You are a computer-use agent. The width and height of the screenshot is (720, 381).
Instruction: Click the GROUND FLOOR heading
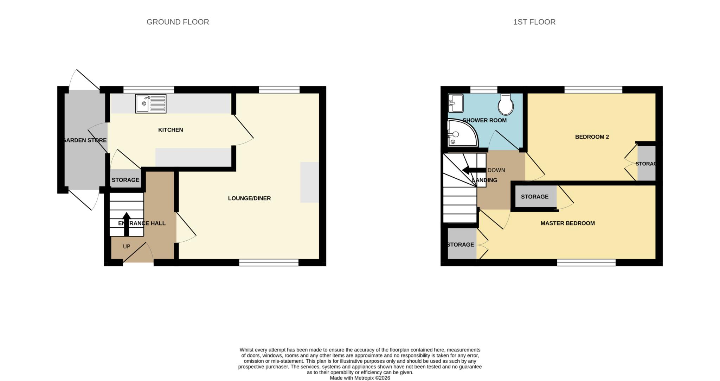(x=178, y=22)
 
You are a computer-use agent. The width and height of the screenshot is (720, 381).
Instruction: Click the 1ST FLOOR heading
(x=534, y=22)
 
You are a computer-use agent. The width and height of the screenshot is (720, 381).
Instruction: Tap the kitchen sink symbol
(x=150, y=103)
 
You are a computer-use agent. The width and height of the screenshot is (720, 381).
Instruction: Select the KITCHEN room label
(x=171, y=130)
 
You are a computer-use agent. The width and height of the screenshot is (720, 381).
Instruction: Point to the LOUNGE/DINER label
(x=249, y=198)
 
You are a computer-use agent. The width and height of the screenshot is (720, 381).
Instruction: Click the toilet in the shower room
(x=506, y=104)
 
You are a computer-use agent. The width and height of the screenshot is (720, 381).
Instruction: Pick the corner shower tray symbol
(x=461, y=133)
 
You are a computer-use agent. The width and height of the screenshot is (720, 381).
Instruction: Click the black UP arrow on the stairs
(x=127, y=223)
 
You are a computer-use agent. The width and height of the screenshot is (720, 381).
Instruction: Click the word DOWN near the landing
(x=496, y=170)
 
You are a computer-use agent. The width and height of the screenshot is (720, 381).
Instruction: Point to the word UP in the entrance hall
(x=127, y=247)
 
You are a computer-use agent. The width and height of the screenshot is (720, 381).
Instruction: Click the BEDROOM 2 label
(x=592, y=137)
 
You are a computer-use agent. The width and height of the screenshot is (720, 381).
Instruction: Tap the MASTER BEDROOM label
(x=567, y=223)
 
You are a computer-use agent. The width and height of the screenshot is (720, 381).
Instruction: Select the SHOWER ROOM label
(x=484, y=120)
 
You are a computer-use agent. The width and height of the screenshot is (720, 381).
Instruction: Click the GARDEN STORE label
(x=84, y=140)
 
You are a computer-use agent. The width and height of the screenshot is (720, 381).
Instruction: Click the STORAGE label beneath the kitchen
(x=125, y=180)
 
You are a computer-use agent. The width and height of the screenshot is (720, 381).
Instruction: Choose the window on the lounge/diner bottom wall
(x=269, y=262)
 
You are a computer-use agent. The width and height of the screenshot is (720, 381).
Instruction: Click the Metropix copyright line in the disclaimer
(x=360, y=378)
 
